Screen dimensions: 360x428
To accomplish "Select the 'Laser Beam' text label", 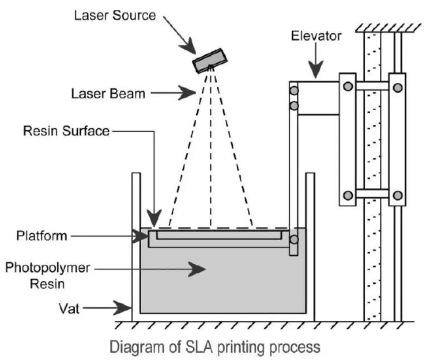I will pyautogui.click(x=108, y=93).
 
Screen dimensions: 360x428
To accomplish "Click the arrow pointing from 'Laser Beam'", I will pyautogui.click(x=172, y=93).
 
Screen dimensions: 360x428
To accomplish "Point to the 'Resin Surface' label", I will pyautogui.click(x=66, y=132).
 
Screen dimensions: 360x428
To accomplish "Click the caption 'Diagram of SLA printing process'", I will pyautogui.click(x=215, y=347).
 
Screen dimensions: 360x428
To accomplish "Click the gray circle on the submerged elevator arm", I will pyautogui.click(x=294, y=240).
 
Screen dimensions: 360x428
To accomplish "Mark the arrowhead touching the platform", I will pyautogui.click(x=143, y=236).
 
